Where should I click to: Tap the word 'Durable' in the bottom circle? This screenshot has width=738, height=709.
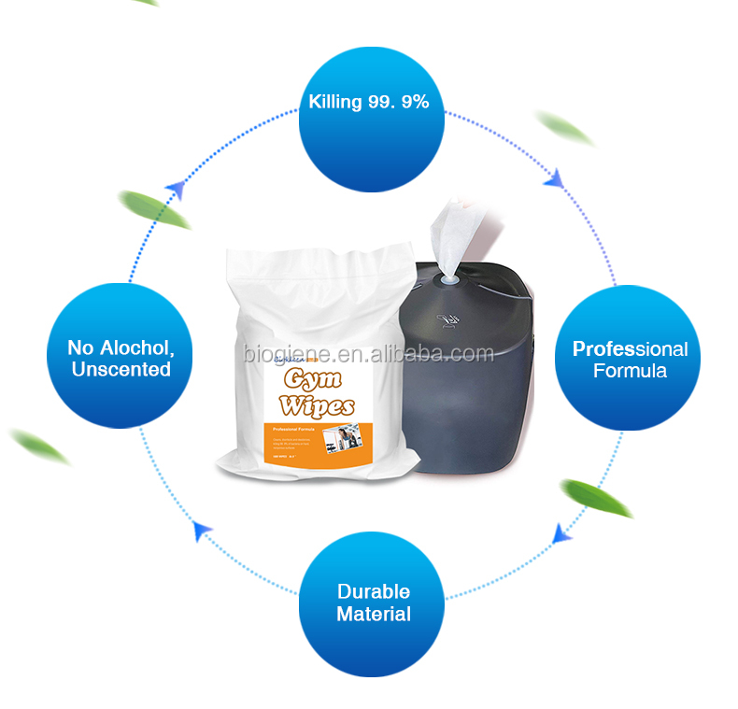373,591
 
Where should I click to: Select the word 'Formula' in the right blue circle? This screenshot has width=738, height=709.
631,371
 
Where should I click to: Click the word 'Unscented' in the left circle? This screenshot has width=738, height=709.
119,370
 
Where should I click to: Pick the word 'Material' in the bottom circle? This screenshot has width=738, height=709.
373,614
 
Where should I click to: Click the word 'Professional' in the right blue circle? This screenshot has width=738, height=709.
630,349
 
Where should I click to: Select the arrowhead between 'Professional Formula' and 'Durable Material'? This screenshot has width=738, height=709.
561,534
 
